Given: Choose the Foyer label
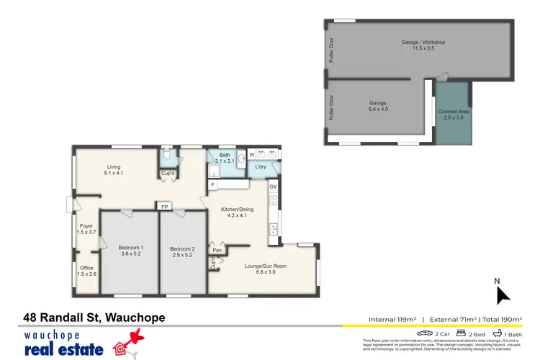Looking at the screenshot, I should point(86,229).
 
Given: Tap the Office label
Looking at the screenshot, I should point(86,272).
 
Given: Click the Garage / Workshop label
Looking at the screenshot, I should point(423,45).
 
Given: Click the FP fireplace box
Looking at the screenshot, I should point(165,207).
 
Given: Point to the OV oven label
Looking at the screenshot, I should point(273,186).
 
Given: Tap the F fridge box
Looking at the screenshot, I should point(213,184).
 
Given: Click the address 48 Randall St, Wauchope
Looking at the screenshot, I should point(94,318).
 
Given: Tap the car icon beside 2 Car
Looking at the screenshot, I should point(424,333).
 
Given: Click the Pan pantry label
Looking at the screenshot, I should point(217,250).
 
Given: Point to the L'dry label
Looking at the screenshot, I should point(261,167).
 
